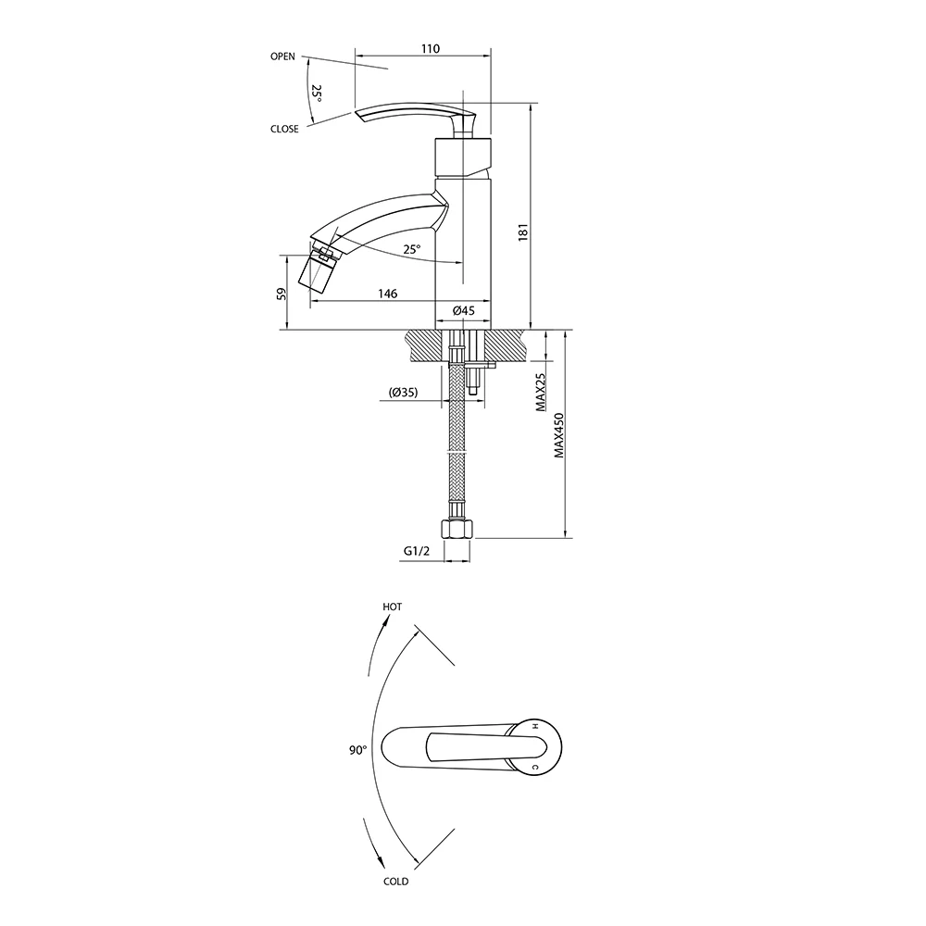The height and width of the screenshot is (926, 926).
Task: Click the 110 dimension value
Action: (431, 48)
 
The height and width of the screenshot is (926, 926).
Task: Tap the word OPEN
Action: (282, 56)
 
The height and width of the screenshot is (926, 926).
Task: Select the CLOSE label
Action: (284, 129)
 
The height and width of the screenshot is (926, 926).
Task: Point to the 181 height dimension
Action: (522, 231)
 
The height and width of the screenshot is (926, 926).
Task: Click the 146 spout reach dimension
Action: (387, 294)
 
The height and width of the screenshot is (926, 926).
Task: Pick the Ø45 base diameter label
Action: (464, 310)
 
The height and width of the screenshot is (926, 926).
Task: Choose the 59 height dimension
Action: (282, 294)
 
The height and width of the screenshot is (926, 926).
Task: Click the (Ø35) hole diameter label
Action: (404, 392)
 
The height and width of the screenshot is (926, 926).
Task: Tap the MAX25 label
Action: (541, 392)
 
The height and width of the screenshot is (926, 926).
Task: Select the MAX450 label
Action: (559, 435)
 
